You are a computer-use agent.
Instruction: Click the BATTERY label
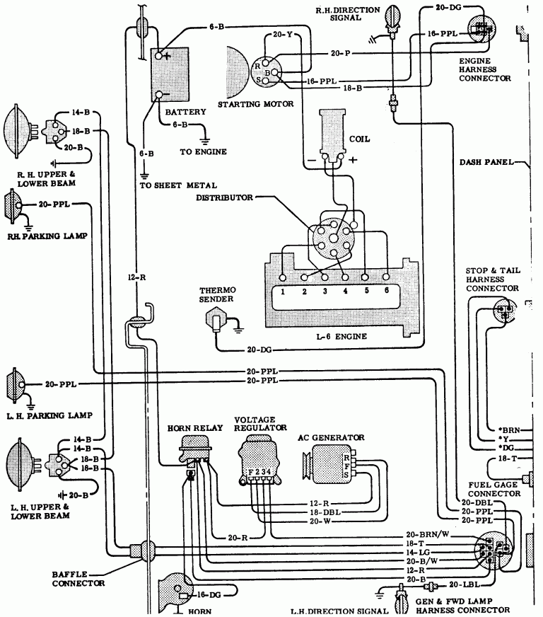coord(185,112)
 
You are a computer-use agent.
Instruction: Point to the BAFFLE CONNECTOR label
coord(78,578)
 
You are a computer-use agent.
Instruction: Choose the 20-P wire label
coord(341,53)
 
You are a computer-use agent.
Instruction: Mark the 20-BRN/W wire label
coord(424,534)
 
